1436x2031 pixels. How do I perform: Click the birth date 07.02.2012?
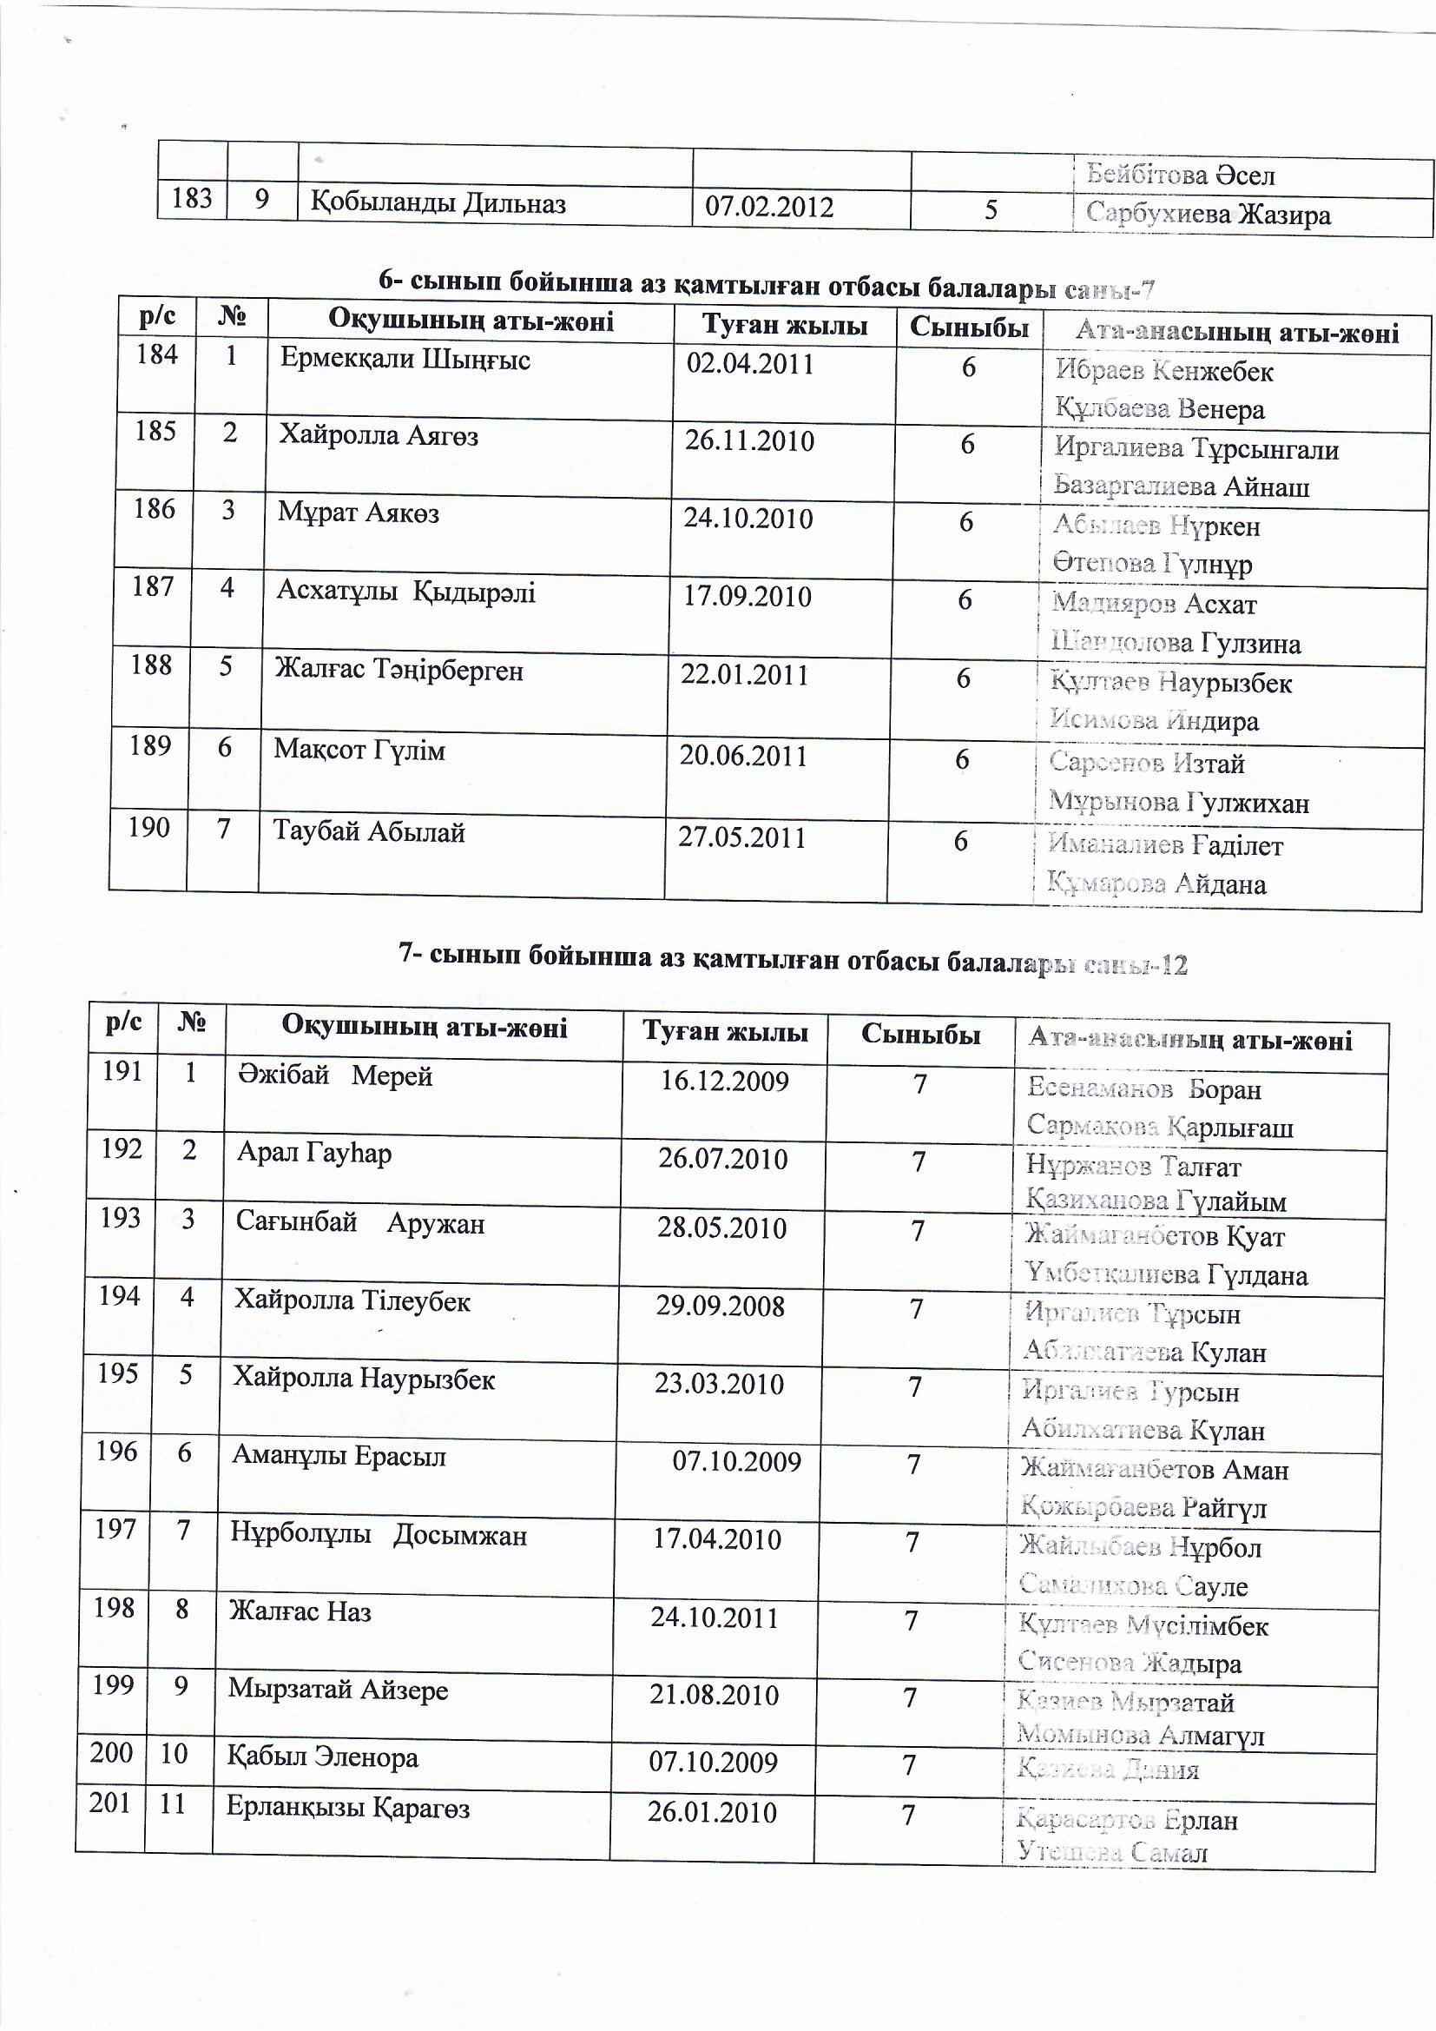click(x=768, y=207)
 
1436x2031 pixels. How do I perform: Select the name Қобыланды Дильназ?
click(x=438, y=203)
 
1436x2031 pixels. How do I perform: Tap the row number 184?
click(x=156, y=354)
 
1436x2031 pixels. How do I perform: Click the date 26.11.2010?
click(x=749, y=440)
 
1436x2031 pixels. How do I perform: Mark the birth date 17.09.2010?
click(x=748, y=596)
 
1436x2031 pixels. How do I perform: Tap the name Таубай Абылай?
click(x=369, y=832)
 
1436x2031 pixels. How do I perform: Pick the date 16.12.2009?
click(x=725, y=1081)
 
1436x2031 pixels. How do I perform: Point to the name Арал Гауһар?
click(x=314, y=1154)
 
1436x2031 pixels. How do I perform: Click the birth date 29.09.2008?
click(x=720, y=1307)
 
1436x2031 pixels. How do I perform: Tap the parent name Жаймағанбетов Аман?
click(x=1154, y=1469)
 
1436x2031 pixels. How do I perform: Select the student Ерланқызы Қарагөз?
click(x=347, y=1808)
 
